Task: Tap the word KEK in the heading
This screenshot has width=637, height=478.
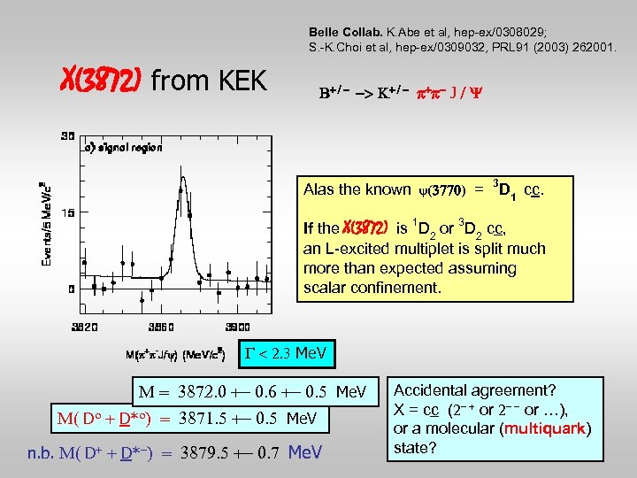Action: click(x=237, y=81)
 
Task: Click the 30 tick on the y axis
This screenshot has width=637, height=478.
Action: click(x=67, y=136)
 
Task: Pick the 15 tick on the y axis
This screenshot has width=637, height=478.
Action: click(x=67, y=212)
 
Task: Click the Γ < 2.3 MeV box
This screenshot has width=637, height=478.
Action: click(x=283, y=355)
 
